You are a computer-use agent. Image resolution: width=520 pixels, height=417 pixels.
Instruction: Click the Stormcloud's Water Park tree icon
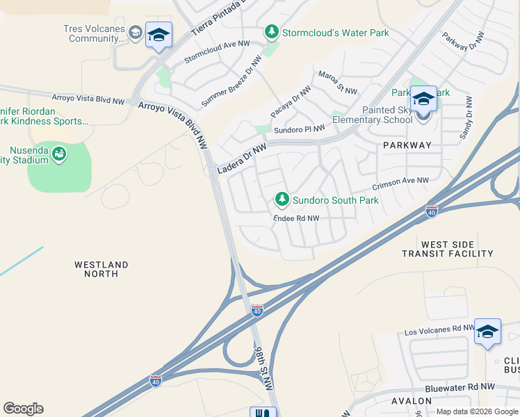(271, 32)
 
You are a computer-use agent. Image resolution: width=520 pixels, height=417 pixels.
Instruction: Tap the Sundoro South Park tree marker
(282, 200)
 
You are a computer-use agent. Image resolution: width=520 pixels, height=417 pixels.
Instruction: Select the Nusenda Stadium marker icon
(60, 153)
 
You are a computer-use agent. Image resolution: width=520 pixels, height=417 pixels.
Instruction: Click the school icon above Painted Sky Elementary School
(423, 99)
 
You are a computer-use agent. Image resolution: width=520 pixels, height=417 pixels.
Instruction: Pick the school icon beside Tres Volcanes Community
(159, 36)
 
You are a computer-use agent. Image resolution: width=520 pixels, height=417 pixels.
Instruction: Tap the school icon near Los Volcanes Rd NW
(487, 332)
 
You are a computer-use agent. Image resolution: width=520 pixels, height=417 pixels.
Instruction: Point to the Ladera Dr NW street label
(242, 160)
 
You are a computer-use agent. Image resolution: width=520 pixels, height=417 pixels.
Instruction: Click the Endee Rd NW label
(296, 218)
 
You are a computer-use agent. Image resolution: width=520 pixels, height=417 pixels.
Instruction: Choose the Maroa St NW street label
(337, 83)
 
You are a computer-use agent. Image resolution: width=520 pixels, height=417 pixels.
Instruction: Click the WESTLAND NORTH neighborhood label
(101, 269)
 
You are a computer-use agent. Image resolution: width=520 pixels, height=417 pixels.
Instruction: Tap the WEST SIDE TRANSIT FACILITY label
(448, 250)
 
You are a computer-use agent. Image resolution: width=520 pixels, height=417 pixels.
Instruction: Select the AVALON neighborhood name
(412, 401)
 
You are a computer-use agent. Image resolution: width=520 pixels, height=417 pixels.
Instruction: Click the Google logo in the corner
(23, 409)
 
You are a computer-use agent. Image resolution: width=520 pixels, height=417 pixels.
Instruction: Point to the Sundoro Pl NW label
(299, 129)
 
